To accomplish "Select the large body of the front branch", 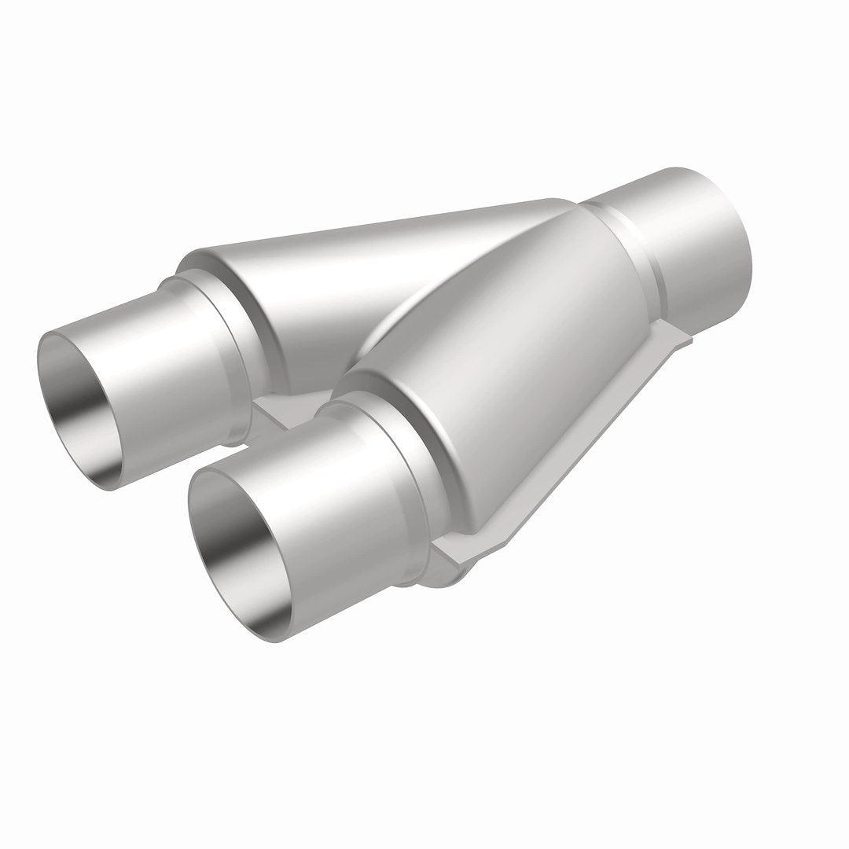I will pos(511,354).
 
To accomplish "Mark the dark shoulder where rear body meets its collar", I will pos(259,330).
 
